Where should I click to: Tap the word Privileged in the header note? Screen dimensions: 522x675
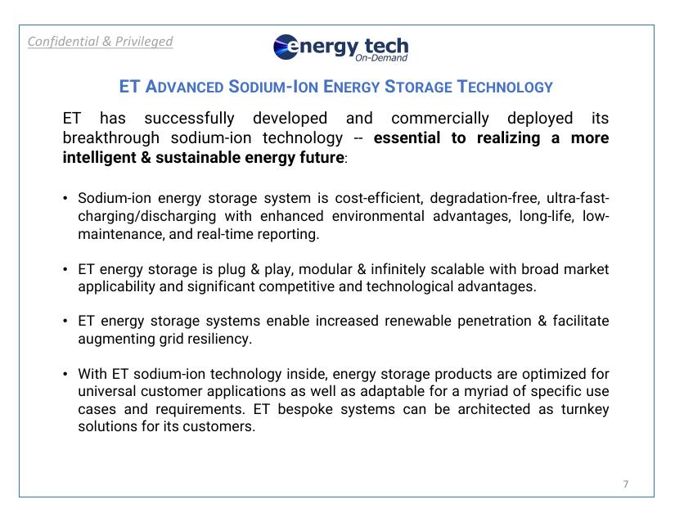click(144, 41)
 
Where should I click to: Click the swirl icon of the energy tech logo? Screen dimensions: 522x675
click(287, 47)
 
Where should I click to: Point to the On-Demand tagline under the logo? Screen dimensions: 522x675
click(381, 58)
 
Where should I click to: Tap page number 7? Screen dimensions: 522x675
click(626, 484)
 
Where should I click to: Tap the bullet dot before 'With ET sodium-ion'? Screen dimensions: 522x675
click(65, 375)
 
